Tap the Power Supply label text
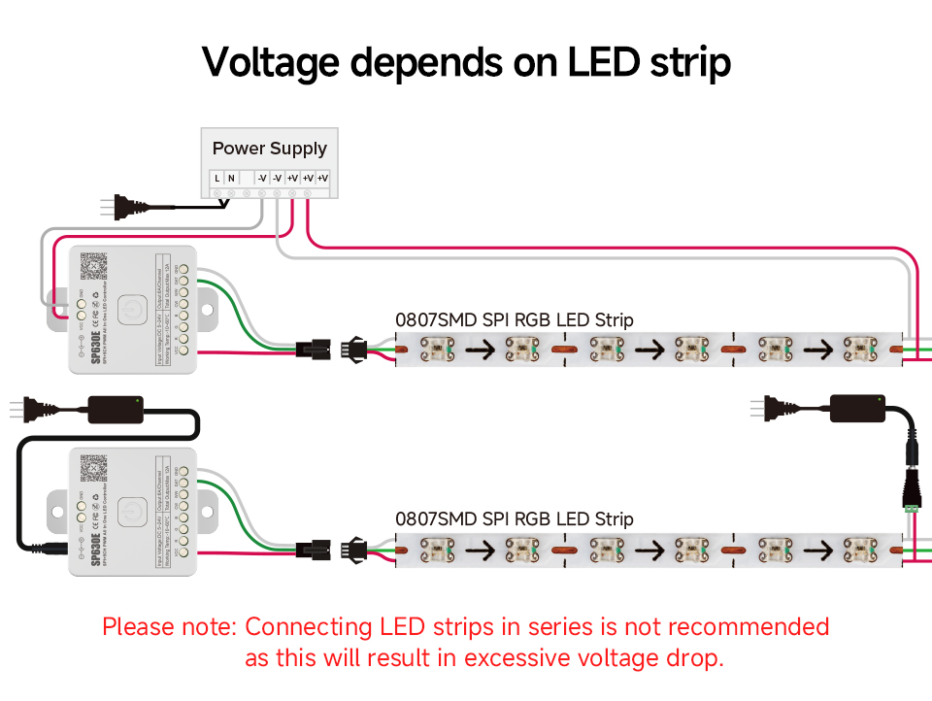269,149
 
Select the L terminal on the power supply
216,178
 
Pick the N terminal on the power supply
231,178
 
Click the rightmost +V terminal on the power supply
322,178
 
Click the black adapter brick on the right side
857,408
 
